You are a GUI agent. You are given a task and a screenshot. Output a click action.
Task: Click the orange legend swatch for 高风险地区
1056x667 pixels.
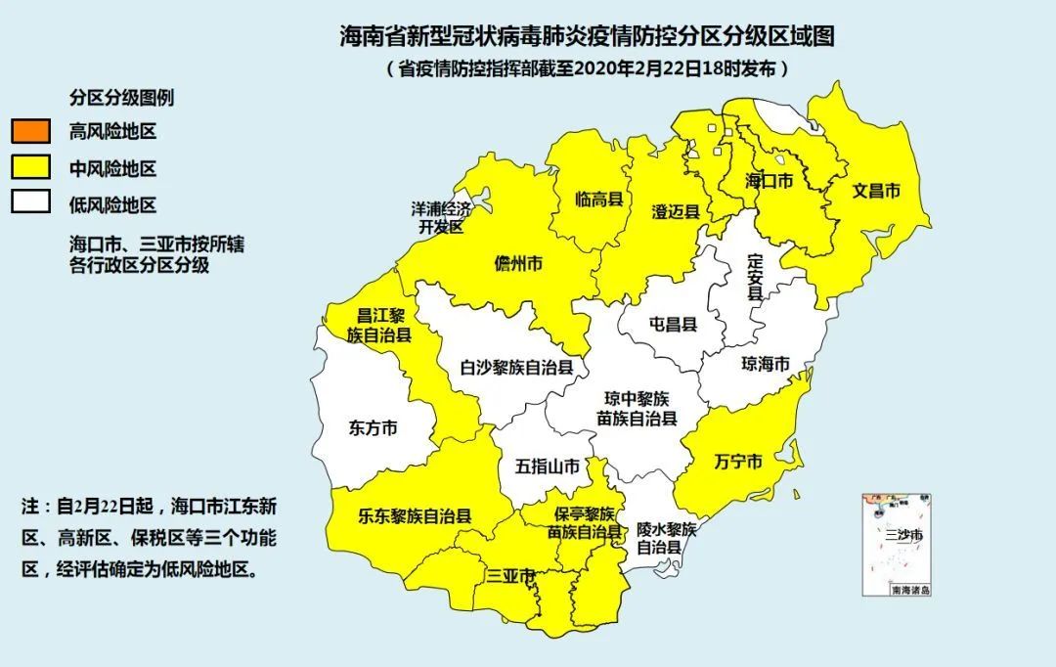pyautogui.click(x=30, y=131)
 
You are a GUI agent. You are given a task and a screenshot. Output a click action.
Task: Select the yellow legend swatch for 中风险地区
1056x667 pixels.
pyautogui.click(x=30, y=167)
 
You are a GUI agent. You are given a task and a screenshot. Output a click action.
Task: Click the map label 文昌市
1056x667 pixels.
pyautogui.click(x=876, y=191)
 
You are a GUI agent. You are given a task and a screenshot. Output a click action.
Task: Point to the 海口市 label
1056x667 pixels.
pyautogui.click(x=768, y=181)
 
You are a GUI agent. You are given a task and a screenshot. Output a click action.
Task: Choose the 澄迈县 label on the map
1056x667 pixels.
pyautogui.click(x=676, y=211)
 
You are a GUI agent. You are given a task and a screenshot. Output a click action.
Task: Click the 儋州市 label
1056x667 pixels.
pyautogui.click(x=518, y=265)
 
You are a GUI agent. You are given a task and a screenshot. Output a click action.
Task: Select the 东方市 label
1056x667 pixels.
pyautogui.click(x=374, y=427)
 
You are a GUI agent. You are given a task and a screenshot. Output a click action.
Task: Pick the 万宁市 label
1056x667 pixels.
pyautogui.click(x=738, y=462)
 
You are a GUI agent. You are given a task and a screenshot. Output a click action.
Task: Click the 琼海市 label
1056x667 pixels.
pyautogui.click(x=765, y=364)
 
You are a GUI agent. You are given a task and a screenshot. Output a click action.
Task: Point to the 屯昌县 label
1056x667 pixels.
pyautogui.click(x=673, y=324)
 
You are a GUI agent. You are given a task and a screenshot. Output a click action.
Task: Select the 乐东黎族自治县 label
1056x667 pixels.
pyautogui.click(x=415, y=514)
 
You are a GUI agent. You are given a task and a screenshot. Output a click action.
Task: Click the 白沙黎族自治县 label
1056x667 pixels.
pyautogui.click(x=517, y=368)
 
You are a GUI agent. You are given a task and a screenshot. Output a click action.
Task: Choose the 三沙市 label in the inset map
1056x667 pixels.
pyautogui.click(x=902, y=535)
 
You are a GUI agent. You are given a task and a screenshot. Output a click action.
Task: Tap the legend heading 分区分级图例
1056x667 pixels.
pyautogui.click(x=122, y=98)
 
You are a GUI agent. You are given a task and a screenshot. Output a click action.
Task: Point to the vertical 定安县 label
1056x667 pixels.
pyautogui.click(x=754, y=281)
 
